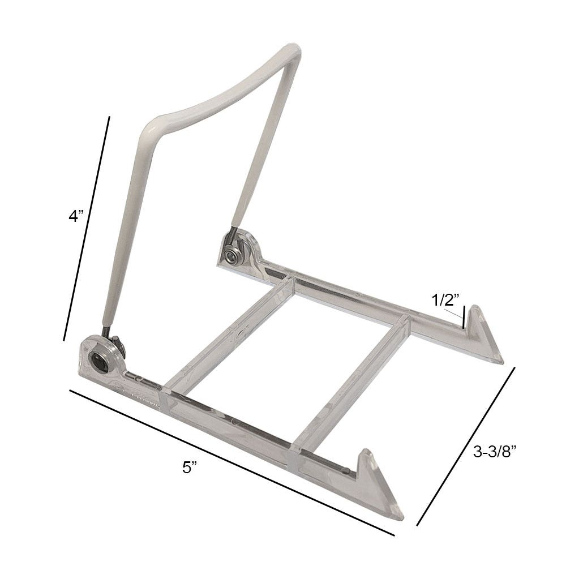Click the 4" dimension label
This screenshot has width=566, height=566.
pos(76,216)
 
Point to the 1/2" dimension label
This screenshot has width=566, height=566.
pos(446,301)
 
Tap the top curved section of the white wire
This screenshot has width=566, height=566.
pos(226,85)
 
